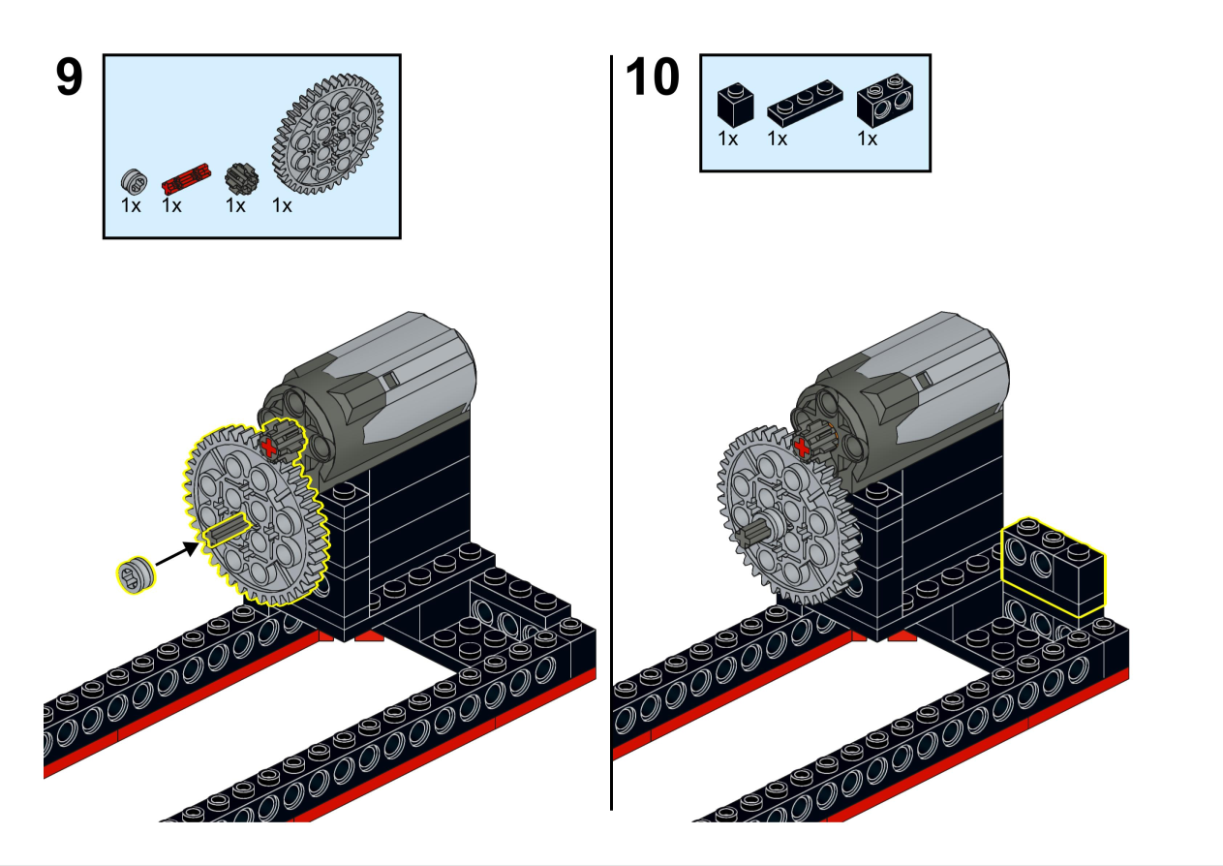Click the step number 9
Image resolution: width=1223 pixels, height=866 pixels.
(70, 77)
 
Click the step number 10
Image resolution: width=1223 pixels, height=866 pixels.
(653, 77)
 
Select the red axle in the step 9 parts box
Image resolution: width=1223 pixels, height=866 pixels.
(186, 178)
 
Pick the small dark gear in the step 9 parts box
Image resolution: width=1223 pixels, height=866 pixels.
(242, 178)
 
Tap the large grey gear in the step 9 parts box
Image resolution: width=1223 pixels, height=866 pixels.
(327, 135)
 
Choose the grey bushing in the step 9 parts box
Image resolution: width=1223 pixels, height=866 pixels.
(134, 181)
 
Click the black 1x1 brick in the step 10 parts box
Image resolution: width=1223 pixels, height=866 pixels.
(735, 105)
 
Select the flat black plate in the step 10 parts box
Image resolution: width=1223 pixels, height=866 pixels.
(805, 104)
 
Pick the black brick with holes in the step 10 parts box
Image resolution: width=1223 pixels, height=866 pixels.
(885, 101)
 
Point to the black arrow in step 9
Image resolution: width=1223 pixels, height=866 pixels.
(177, 553)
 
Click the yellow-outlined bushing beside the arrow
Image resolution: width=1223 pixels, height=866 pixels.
(136, 575)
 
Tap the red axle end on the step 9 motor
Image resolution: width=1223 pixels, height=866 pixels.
(268, 448)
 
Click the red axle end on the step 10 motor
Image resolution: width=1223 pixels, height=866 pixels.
(802, 448)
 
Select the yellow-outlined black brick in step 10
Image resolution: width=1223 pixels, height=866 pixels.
(1053, 568)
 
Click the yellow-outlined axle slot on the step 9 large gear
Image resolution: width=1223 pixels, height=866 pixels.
(228, 530)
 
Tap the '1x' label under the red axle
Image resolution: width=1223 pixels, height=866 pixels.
(171, 206)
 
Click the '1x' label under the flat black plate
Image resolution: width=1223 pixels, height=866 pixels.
(778, 139)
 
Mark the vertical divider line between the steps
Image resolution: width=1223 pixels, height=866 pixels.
(611, 432)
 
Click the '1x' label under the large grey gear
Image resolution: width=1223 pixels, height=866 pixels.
(282, 206)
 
